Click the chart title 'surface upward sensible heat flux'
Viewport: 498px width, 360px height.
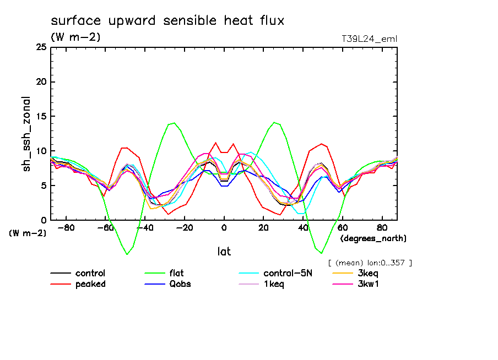point(167,21)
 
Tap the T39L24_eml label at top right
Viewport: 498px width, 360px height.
point(369,39)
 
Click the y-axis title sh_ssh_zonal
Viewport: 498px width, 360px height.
point(27,133)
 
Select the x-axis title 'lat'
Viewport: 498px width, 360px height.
point(224,252)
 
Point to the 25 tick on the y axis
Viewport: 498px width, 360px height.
point(41,48)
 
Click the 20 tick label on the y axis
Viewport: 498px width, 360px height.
point(41,82)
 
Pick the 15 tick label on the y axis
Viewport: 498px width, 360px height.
point(41,117)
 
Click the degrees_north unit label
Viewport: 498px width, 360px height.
point(373,238)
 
